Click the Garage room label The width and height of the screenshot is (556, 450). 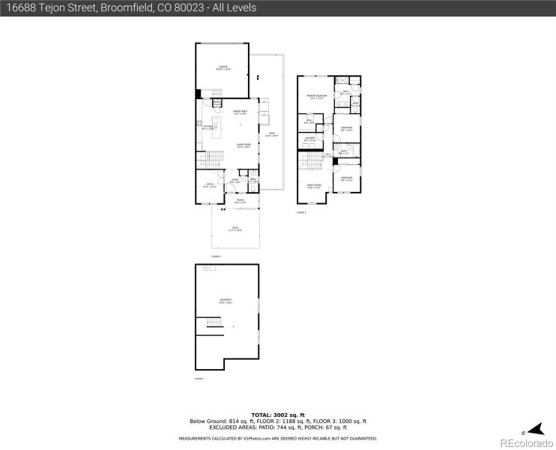pyautogui.click(x=223, y=67)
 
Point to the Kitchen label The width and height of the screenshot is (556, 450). pyautogui.click(x=208, y=127)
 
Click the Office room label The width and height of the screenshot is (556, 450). pyautogui.click(x=211, y=185)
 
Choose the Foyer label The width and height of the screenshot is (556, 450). pyautogui.click(x=235, y=180)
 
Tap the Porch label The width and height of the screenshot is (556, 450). pyautogui.click(x=241, y=201)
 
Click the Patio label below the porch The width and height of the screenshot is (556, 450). pyautogui.click(x=236, y=230)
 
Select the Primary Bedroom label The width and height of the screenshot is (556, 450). pyautogui.click(x=315, y=97)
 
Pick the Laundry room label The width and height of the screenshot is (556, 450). pyautogui.click(x=309, y=139)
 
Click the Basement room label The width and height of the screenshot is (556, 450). pyautogui.click(x=226, y=301)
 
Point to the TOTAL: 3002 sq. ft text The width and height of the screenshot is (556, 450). pyautogui.click(x=278, y=415)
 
